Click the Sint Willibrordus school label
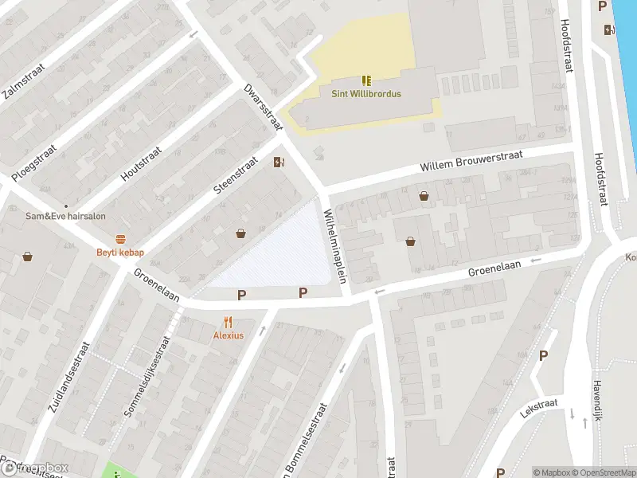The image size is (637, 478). tap(366, 93)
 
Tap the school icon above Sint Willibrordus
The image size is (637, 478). tap(366, 80)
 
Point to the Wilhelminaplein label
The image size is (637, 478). tap(336, 246)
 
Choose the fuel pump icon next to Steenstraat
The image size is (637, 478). tap(279, 163)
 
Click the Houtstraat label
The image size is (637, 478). tap(141, 164)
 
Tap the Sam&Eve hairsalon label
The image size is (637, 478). tap(65, 216)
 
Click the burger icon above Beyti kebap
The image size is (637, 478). tap(121, 239)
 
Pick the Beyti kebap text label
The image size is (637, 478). tap(121, 253)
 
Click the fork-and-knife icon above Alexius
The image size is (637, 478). tap(228, 322)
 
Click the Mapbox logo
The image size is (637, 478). tap(35, 468)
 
